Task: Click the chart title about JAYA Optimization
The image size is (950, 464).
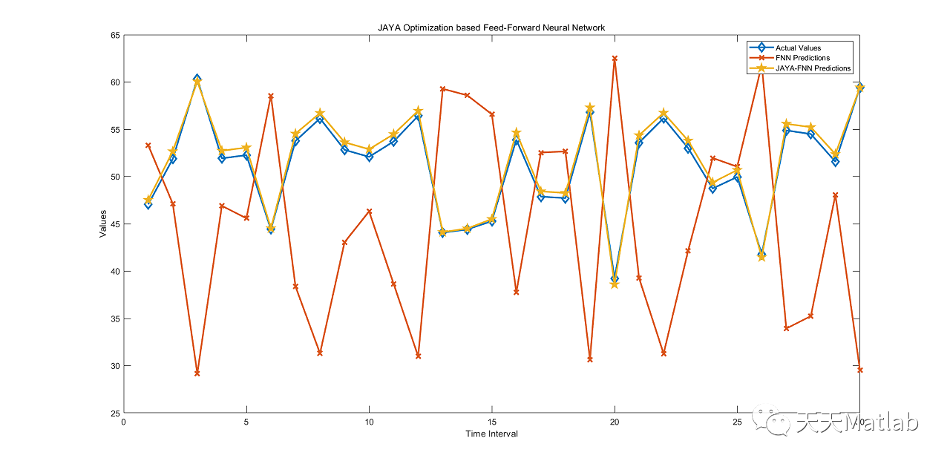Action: (x=491, y=27)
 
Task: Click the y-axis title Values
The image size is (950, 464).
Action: (x=103, y=223)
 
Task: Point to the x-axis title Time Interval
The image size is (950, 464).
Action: (x=491, y=434)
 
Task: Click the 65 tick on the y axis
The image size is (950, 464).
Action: (x=115, y=35)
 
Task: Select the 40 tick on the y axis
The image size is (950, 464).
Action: (x=115, y=272)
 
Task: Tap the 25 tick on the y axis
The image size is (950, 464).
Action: (x=115, y=414)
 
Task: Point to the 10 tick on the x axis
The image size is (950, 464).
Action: (x=369, y=422)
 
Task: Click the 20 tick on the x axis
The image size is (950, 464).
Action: (x=615, y=422)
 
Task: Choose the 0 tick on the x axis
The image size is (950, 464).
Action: (x=124, y=422)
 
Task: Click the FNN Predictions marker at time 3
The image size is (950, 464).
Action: (x=197, y=373)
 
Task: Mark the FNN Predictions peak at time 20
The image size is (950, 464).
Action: (x=615, y=59)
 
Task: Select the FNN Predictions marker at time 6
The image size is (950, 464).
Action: (x=271, y=97)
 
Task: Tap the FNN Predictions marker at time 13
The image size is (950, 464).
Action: (x=442, y=89)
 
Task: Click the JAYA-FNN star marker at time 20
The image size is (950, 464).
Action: (x=615, y=284)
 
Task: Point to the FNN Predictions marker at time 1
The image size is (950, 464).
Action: (x=148, y=146)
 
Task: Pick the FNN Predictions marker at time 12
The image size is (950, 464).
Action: (x=418, y=356)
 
